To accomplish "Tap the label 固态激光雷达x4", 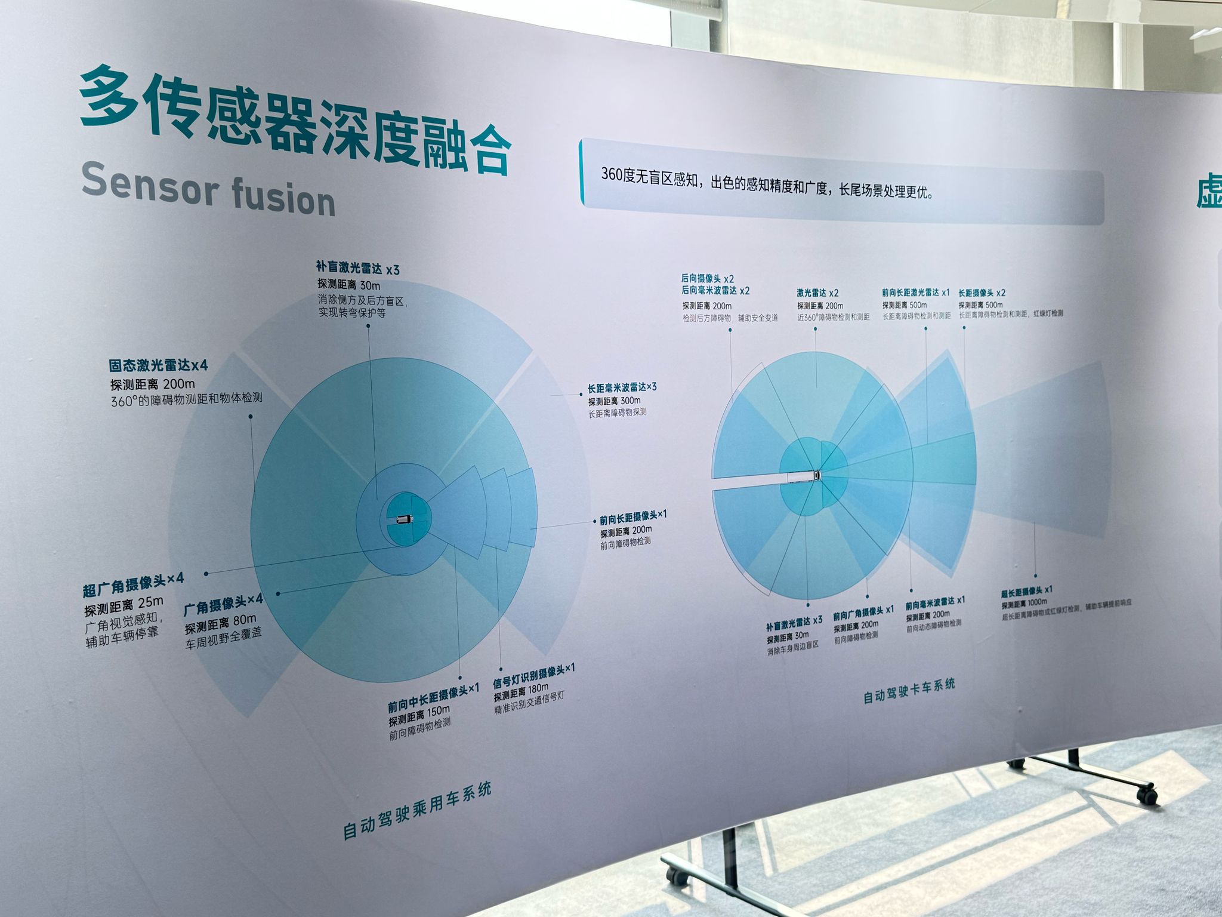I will [158, 365].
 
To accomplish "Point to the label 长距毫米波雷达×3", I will [622, 387].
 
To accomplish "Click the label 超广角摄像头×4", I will [133, 584].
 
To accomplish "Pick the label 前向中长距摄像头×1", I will [433, 696].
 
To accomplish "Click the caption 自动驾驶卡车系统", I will [909, 691].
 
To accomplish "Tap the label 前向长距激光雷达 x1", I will [915, 293].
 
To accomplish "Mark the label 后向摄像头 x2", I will [707, 278].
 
